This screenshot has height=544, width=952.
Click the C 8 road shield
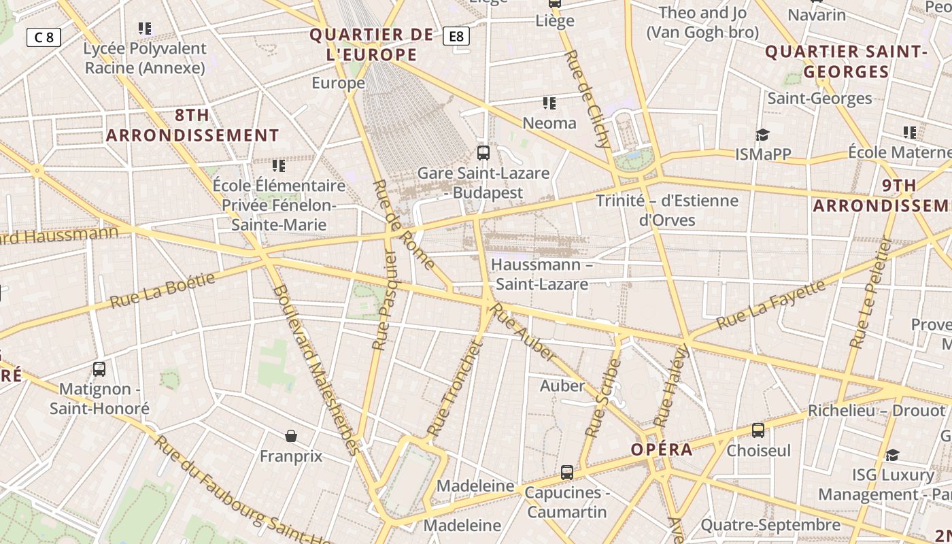44,37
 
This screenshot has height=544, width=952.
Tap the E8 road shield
456,36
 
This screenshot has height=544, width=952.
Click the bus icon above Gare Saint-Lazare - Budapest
483,152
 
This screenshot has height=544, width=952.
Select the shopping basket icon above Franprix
291,435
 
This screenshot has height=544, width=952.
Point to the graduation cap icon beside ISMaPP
762,134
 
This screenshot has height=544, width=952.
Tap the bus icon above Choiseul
758,430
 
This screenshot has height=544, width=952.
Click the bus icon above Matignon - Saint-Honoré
99,369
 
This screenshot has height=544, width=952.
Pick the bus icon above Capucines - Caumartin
566,472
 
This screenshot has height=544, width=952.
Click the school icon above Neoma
549,103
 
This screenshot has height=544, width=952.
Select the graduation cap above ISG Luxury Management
892,454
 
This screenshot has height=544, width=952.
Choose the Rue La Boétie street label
163,290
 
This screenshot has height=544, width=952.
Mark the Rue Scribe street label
603,398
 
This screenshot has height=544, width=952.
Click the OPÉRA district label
662,449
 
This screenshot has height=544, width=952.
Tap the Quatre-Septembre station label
770,525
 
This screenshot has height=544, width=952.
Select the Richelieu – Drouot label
877,411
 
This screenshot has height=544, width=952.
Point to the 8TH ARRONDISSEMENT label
192,125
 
